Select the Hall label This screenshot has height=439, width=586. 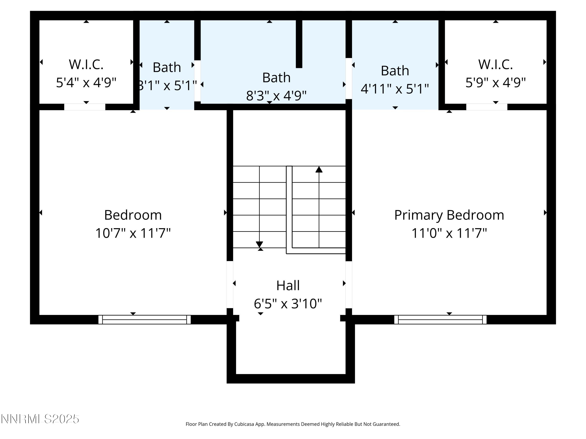pos(288,285)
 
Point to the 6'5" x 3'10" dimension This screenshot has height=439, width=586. pos(288,304)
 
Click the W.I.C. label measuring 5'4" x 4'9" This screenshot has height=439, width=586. pos(86,64)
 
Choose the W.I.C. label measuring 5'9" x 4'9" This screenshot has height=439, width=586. pos(495,64)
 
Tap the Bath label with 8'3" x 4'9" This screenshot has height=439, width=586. pos(276,77)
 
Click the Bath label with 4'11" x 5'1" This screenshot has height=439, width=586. pos(395,71)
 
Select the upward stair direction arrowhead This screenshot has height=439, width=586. pos(319,169)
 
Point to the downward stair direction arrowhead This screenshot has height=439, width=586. pos(259,244)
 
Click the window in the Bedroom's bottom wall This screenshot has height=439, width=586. pos(144,319)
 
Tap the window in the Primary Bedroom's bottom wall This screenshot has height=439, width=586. pos(440,319)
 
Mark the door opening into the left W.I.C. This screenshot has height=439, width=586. pos(85,107)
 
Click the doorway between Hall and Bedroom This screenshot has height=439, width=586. pos(230,285)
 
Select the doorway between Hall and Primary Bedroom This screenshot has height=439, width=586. pos(349,285)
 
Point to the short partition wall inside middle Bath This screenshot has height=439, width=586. pos(299,44)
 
